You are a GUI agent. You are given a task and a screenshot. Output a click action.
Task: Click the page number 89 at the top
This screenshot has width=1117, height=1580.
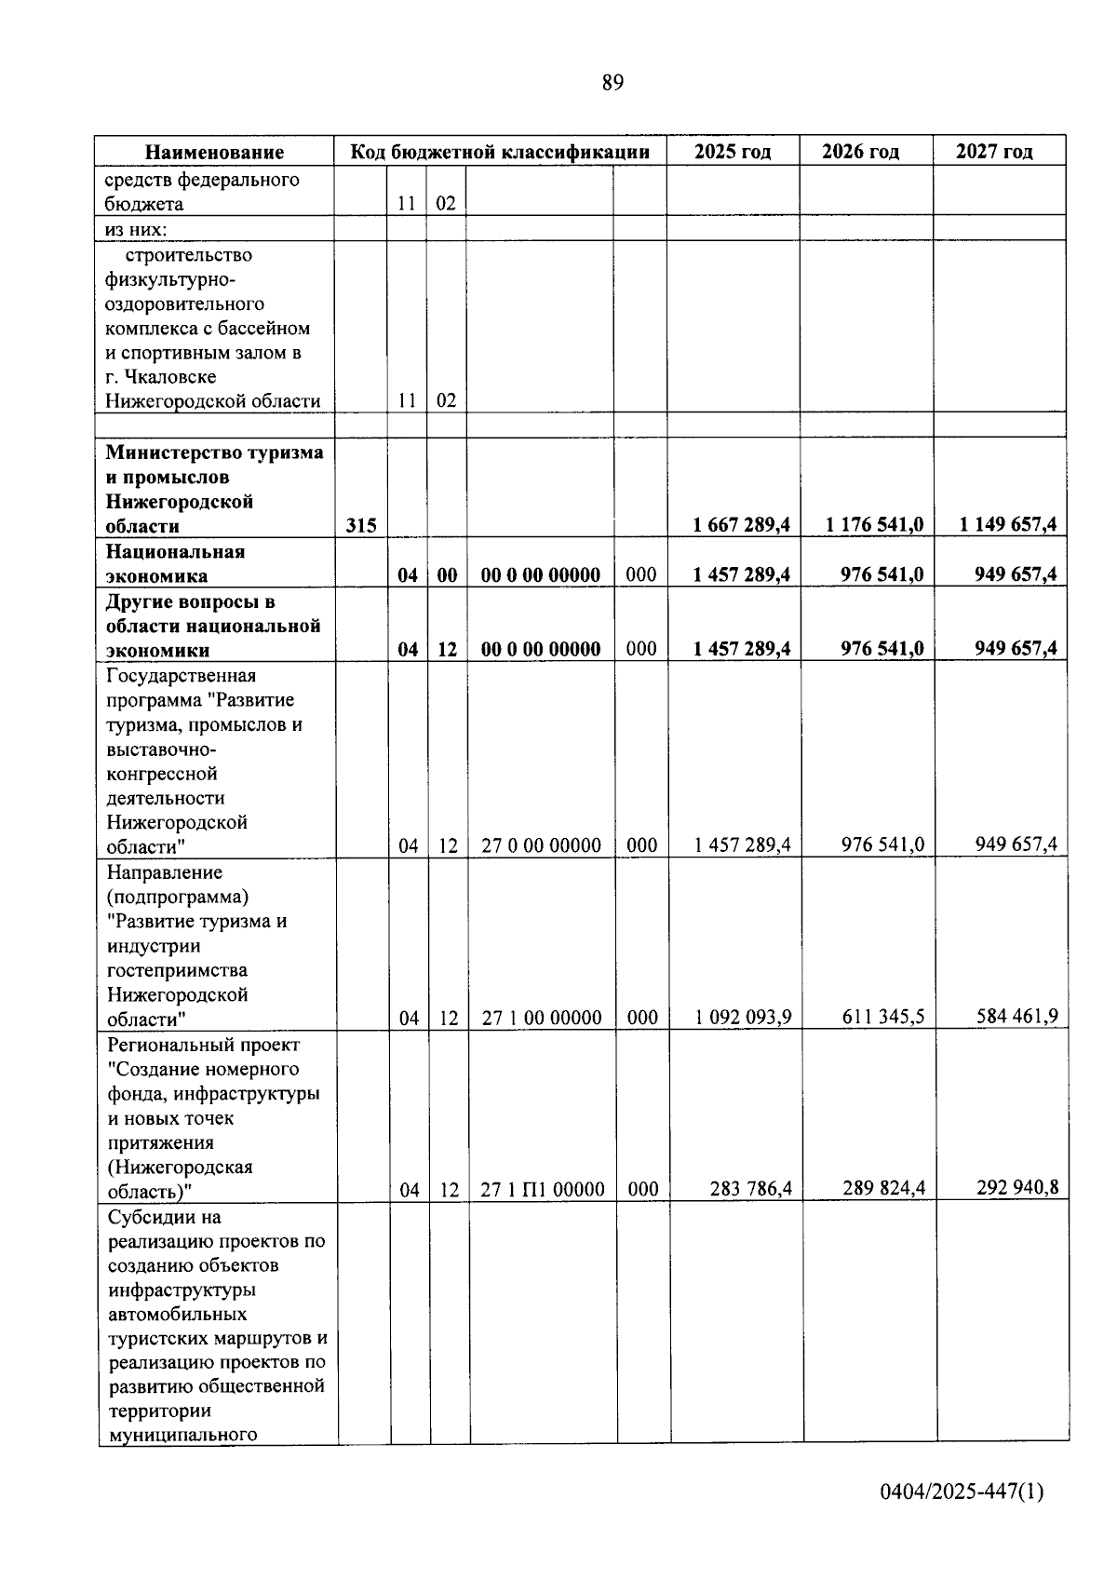[612, 83]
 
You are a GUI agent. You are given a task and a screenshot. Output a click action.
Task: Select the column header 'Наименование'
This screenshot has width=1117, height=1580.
[214, 152]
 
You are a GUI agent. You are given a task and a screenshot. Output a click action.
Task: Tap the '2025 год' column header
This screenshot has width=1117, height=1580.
[733, 152]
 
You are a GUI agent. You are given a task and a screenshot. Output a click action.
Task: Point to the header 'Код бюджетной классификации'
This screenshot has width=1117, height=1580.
[500, 152]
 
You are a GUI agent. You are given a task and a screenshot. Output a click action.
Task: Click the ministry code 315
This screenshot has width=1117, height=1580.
[361, 526]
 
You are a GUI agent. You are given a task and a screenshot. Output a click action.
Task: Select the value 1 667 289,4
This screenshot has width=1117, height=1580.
[742, 525]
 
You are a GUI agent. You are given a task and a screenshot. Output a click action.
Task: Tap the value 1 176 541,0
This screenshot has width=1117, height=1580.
[874, 525]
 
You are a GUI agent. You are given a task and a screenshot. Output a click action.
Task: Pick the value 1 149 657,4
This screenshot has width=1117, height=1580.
[1007, 525]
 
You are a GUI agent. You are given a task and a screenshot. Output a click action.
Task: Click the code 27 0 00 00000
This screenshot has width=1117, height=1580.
[541, 845]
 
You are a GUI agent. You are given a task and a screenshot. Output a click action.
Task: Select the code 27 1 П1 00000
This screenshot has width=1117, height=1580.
[543, 1190]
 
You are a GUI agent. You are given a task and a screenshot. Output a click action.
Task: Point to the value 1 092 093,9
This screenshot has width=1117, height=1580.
[743, 1017]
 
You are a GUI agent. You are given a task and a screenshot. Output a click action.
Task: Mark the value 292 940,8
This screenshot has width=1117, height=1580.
[1016, 1188]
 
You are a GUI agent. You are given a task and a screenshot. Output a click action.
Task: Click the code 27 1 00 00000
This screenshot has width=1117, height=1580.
[542, 1018]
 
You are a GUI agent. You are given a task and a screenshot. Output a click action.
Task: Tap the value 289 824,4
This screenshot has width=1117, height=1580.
[883, 1189]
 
